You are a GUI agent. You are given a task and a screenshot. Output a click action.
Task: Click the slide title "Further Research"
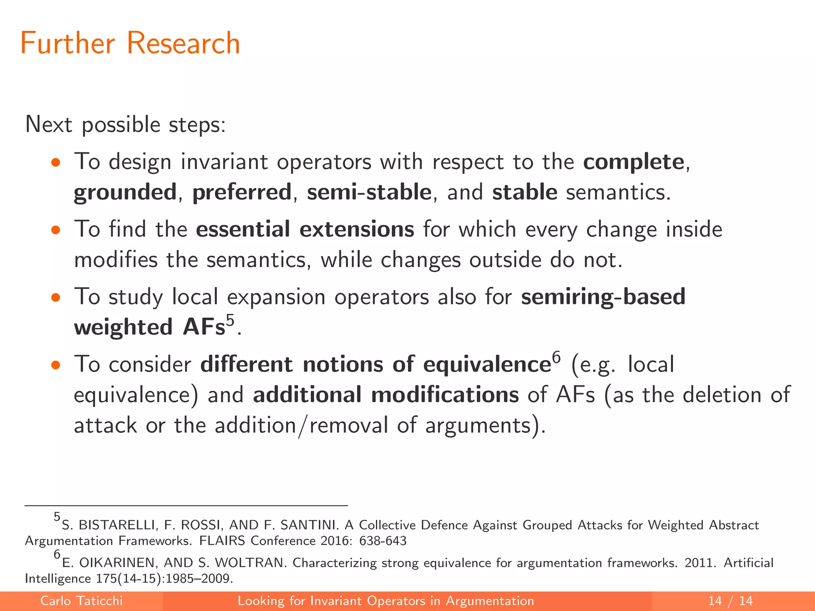tap(130, 43)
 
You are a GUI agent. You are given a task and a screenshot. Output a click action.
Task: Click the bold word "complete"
tap(634, 162)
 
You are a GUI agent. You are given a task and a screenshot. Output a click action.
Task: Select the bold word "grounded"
tap(125, 193)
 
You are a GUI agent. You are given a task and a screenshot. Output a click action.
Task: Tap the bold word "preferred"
tap(242, 193)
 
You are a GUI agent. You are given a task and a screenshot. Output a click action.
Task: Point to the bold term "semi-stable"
tap(369, 193)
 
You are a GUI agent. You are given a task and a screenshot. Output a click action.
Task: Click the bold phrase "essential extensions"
tap(305, 230)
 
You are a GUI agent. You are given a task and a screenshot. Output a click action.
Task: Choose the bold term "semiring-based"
tap(603, 297)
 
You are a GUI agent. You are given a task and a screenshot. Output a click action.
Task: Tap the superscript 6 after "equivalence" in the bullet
tap(556, 357)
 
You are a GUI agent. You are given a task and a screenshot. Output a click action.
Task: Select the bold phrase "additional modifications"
tap(386, 395)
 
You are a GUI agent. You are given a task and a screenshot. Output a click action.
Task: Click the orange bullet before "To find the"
tap(55, 230)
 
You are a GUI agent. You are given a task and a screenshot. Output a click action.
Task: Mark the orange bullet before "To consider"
tap(55, 365)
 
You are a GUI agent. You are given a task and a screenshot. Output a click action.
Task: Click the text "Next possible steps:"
tap(125, 125)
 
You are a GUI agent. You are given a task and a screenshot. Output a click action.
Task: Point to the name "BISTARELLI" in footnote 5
tap(117, 525)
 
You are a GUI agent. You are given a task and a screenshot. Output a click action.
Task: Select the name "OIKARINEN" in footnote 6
tap(116, 563)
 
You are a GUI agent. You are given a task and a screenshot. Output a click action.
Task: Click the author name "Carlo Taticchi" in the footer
tap(82, 601)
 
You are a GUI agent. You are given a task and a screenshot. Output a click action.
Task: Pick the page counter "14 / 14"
tap(730, 601)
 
